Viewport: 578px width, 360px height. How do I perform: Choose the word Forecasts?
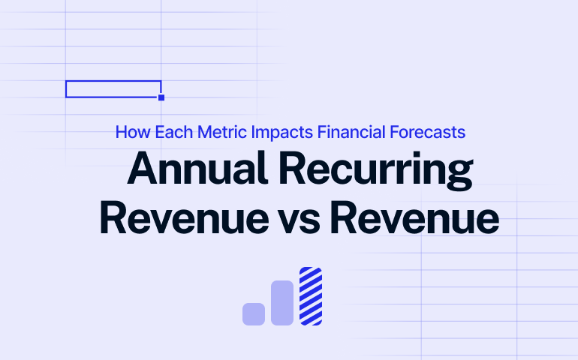point(429,133)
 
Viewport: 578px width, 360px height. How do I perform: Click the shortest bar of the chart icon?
point(254,313)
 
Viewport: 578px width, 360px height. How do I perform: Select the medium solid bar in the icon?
point(282,303)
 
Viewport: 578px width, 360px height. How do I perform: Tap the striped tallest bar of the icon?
point(311,296)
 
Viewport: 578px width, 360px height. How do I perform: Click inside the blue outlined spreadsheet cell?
point(113,89)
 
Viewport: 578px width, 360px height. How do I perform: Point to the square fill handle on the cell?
point(161,97)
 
